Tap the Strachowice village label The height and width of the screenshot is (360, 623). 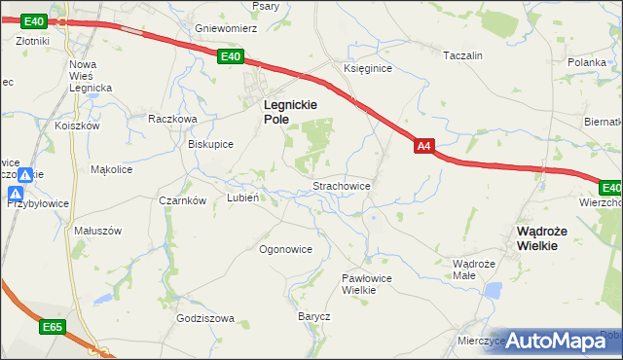[340, 184]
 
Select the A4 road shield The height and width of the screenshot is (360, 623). [423, 146]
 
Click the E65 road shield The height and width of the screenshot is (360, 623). [52, 328]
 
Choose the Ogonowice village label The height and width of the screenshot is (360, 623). [285, 249]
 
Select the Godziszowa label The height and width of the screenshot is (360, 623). [205, 318]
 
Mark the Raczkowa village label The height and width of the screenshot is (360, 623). [172, 119]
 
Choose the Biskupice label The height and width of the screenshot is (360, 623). [210, 144]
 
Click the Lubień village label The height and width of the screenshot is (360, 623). [241, 197]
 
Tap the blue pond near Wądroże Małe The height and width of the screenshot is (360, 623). [494, 290]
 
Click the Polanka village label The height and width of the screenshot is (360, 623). [587, 62]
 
